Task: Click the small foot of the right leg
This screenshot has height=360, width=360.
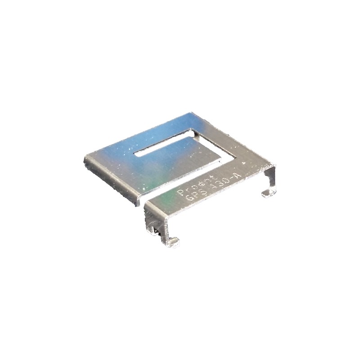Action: click(x=269, y=193)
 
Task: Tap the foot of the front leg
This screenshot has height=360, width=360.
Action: click(x=172, y=243)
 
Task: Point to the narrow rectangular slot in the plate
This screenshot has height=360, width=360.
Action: click(x=164, y=144)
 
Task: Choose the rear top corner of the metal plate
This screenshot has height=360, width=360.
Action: click(x=191, y=113)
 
